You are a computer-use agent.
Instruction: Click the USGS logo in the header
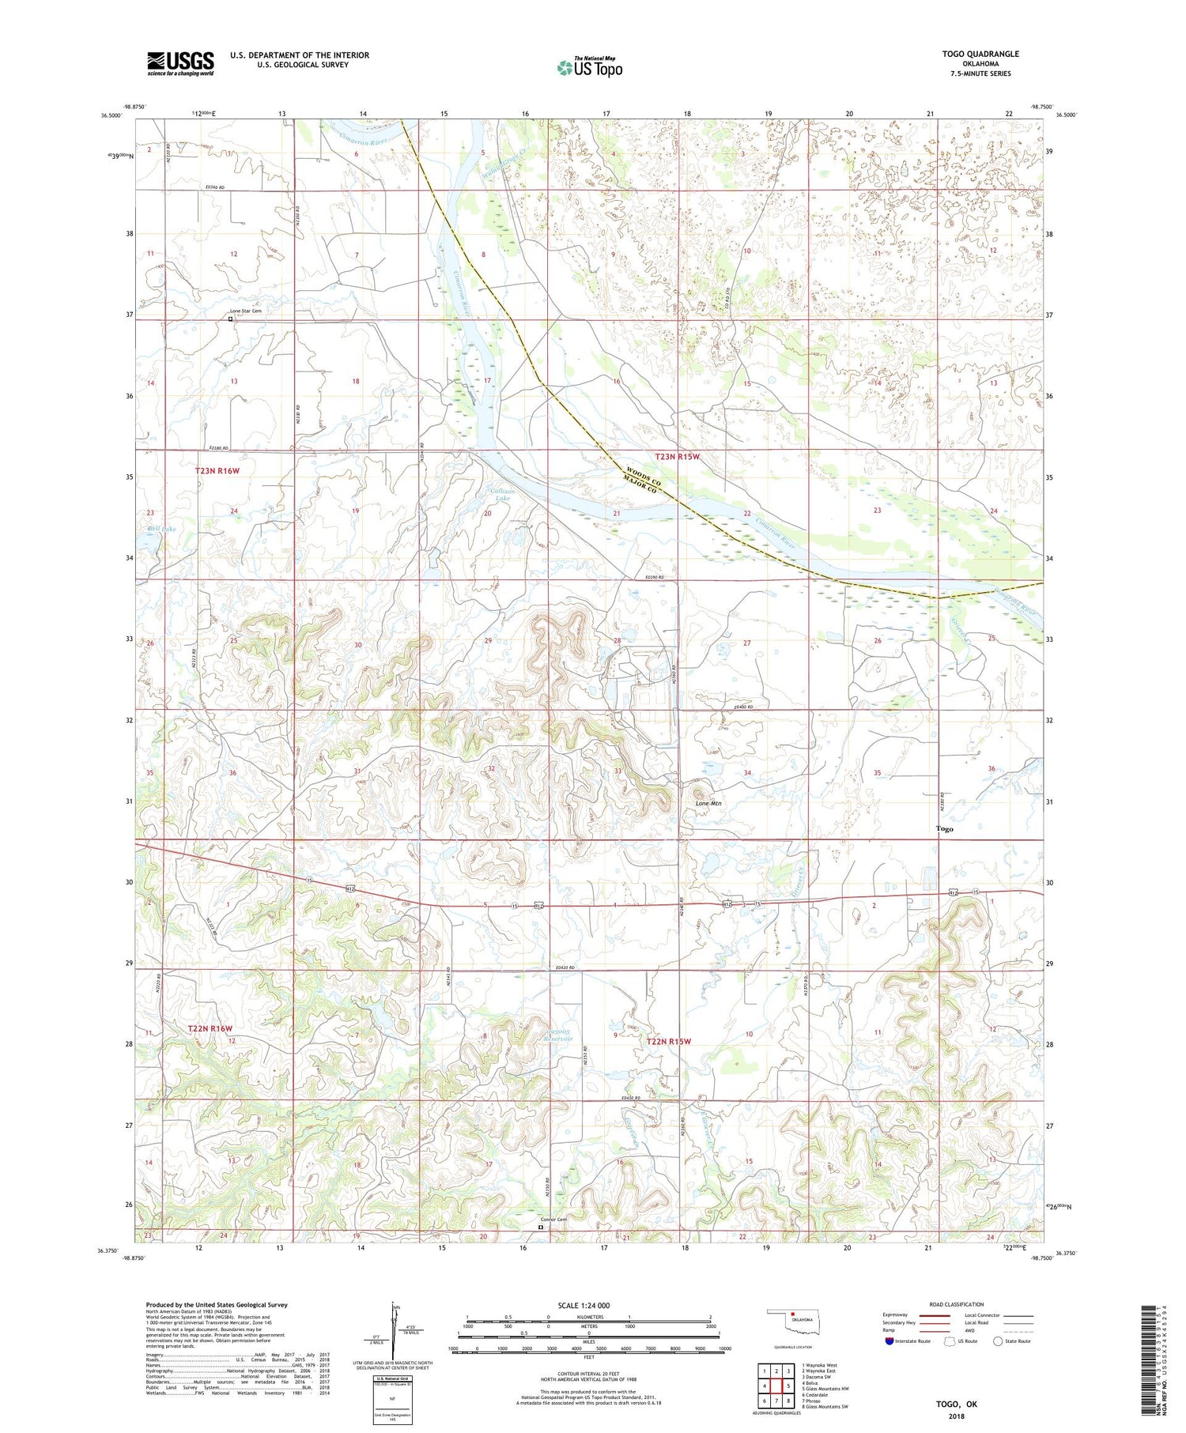(180, 63)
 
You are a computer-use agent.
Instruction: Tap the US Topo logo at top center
(589, 67)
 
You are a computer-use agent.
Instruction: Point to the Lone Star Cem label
(245, 311)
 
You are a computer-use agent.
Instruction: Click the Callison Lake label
(502, 495)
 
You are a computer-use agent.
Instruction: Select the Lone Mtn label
(708, 803)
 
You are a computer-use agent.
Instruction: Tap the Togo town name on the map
(944, 829)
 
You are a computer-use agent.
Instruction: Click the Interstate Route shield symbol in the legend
(889, 1341)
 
